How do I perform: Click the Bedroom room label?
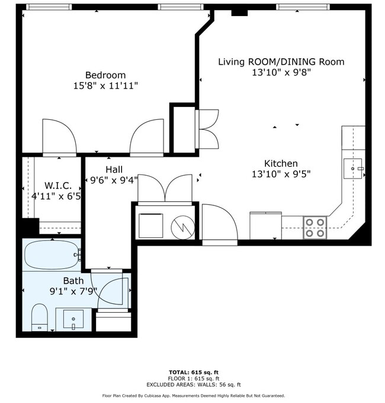(x=105, y=75)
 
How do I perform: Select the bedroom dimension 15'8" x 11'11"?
(x=105, y=86)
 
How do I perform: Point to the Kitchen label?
(x=281, y=163)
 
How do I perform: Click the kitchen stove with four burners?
(x=316, y=227)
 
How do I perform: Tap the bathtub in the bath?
(x=52, y=255)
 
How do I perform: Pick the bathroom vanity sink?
(x=73, y=319)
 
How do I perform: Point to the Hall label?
(x=114, y=170)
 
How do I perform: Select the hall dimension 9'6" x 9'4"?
(x=114, y=180)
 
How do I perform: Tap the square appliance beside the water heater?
(x=151, y=226)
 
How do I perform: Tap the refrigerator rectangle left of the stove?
(x=265, y=225)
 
